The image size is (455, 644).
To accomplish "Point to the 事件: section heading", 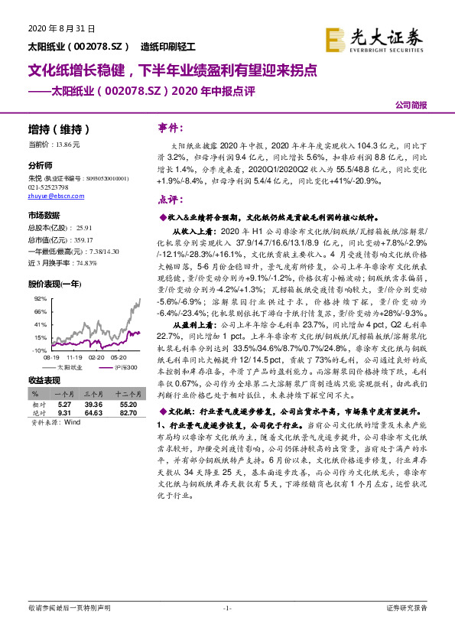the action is (x=171, y=126).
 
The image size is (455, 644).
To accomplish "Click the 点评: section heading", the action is (x=170, y=200).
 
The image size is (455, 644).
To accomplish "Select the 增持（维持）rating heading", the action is (x=59, y=128).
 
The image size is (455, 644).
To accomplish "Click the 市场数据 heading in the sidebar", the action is (x=44, y=216).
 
